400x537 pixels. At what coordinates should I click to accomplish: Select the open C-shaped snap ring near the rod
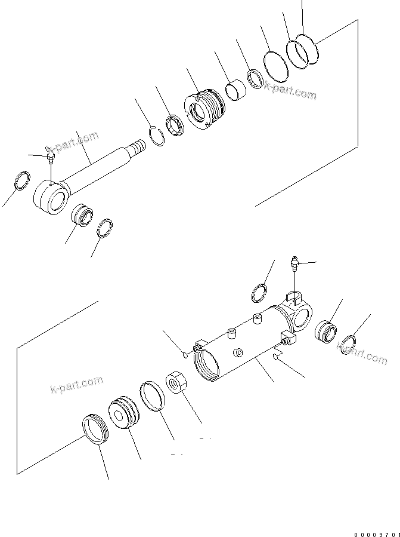point(156,136)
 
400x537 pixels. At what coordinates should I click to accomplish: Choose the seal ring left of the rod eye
point(21,180)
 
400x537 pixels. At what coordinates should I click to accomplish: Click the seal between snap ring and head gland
point(175,126)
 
